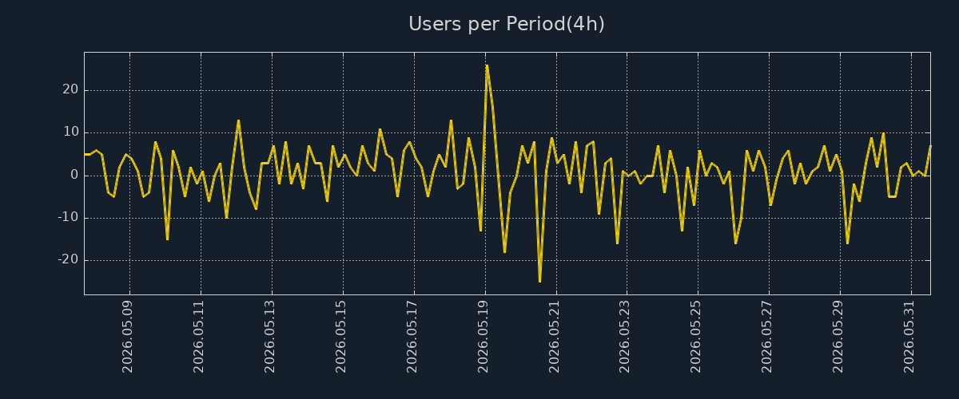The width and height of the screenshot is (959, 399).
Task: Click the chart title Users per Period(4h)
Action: (x=507, y=24)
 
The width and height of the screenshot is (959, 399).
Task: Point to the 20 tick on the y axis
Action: (x=70, y=90)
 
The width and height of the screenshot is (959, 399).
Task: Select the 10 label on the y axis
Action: (x=71, y=132)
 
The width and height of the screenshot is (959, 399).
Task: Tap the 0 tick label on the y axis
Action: (x=74, y=175)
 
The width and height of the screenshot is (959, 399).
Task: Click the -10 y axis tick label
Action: (x=69, y=217)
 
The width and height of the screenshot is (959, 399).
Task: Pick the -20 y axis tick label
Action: (x=69, y=259)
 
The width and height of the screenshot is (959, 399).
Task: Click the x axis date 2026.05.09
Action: (x=128, y=337)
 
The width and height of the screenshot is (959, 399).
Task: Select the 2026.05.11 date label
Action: (x=199, y=337)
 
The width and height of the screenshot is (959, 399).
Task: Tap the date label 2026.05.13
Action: (x=270, y=337)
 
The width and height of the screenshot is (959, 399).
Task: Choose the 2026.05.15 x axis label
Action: (x=340, y=337)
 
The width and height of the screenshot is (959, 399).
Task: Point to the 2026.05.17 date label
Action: (x=412, y=337)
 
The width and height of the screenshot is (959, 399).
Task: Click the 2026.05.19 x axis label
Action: (x=483, y=337)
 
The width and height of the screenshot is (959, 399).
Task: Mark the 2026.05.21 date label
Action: (x=554, y=337)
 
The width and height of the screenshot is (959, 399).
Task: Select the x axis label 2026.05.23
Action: (x=625, y=337)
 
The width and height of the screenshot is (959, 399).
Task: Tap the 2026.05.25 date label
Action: (x=696, y=337)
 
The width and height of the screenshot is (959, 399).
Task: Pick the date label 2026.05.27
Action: (x=766, y=337)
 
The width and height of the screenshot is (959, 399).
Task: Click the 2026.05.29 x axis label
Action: (x=838, y=337)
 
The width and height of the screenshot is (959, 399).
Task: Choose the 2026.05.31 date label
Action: (x=909, y=337)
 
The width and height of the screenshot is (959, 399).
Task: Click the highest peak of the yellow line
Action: (x=487, y=65)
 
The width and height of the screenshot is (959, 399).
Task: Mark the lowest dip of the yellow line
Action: (x=540, y=282)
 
